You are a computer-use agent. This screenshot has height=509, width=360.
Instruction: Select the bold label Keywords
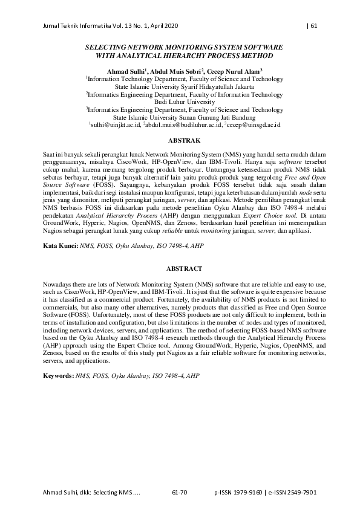click(58, 375)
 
